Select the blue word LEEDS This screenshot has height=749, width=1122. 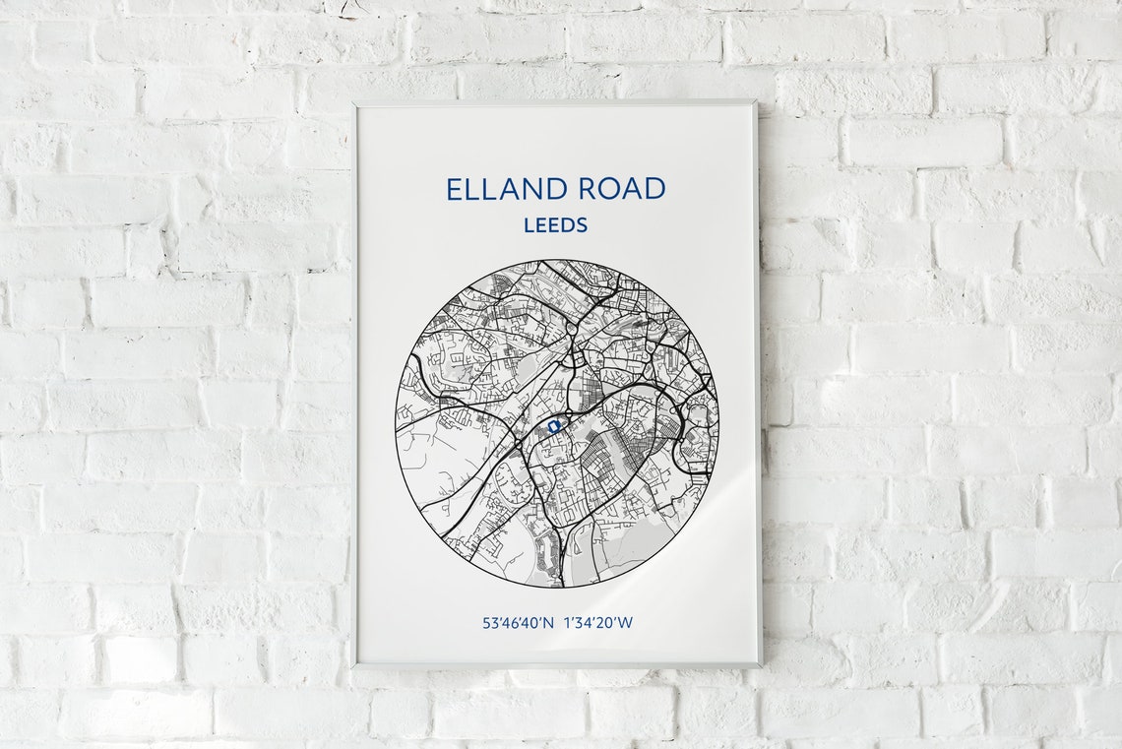coord(555,224)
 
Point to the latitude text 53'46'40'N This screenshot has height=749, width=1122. coord(519,622)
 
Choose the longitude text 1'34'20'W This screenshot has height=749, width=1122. coord(599,622)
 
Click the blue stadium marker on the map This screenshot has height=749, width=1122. coord(554,426)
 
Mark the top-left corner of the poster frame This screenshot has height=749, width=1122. coord(355,102)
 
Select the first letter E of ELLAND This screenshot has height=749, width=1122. coord(454,188)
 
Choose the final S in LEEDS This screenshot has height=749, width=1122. coord(582,224)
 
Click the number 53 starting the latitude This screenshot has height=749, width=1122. coord(489,622)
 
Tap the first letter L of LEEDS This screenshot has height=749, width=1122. coord(529,224)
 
